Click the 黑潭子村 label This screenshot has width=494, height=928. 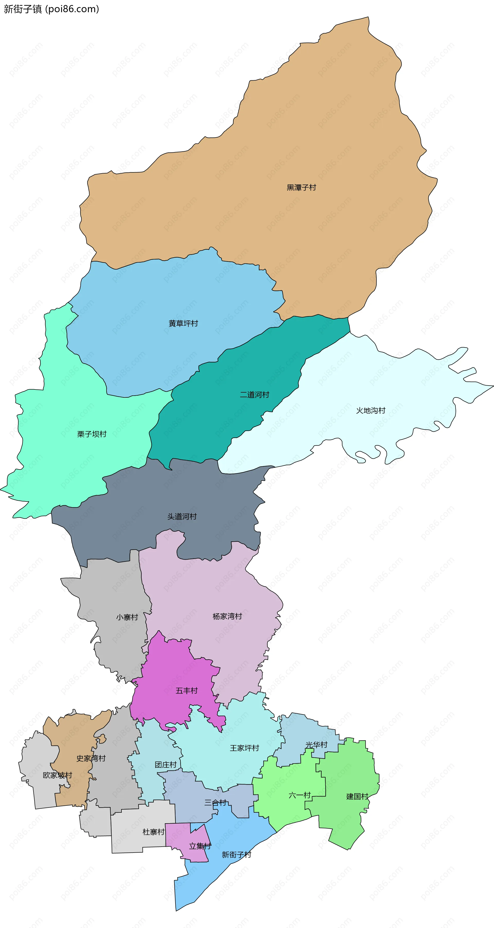[x=301, y=187]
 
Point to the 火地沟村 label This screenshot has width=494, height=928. [x=370, y=410]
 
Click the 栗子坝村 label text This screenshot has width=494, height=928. [x=92, y=434]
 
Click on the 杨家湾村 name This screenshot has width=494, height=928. [x=227, y=616]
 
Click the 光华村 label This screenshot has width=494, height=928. [x=316, y=745]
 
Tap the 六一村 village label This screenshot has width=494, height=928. [x=299, y=795]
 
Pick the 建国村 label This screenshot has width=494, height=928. [x=357, y=796]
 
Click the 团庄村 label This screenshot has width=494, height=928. [x=166, y=765]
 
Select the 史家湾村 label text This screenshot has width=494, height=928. [x=91, y=758]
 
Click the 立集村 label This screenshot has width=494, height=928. [x=200, y=846]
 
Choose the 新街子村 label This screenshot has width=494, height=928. [x=236, y=855]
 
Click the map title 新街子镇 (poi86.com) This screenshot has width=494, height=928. [x=51, y=9]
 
